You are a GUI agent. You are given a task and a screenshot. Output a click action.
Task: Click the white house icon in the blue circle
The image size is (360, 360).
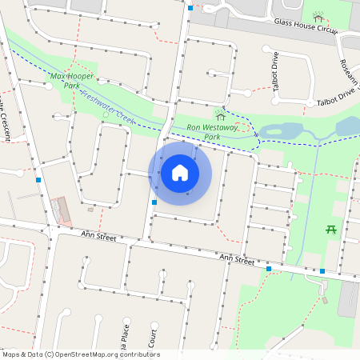coord(180,172)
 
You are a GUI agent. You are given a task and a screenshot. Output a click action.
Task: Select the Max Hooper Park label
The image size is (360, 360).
coord(71,80)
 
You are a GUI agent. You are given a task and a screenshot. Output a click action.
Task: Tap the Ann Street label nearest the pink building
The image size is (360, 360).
coord(99,238)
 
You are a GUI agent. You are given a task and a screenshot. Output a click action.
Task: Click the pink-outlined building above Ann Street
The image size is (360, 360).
coord(61,210)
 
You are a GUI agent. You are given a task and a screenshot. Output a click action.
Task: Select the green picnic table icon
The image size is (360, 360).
coord(330,230)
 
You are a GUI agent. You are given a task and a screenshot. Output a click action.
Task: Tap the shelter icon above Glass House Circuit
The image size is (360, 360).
coord(318,18)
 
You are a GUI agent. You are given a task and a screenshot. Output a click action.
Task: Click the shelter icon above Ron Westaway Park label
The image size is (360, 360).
coord(220,116)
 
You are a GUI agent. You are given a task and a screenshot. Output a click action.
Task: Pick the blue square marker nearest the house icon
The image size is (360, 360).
coord(154,202)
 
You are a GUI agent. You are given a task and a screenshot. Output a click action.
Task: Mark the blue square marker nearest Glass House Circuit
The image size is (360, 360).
coord(190,8)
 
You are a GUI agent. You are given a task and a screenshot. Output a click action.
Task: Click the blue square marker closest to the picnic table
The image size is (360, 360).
coord(322,271)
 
